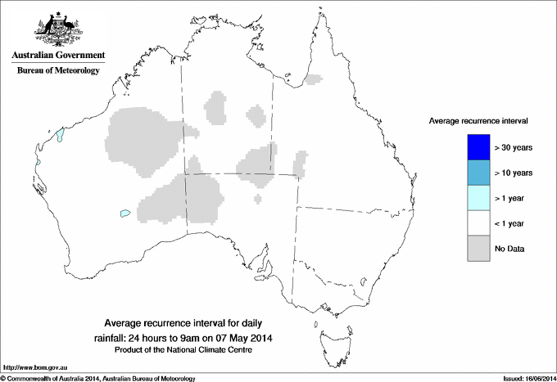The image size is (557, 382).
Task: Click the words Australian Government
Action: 57,56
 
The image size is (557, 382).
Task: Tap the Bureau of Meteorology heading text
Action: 57,71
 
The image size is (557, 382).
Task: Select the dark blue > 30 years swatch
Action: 478,147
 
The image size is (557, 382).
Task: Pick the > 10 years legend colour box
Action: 478,173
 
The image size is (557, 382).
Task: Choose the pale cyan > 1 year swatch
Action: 478,198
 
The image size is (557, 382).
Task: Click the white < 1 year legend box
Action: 478,223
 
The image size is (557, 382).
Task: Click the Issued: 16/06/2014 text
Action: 524,377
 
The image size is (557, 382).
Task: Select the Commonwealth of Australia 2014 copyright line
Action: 98,377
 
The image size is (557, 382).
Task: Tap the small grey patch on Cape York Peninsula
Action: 314,79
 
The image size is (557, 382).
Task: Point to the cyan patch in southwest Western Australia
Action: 125,213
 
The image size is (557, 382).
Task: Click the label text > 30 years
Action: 514,147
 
